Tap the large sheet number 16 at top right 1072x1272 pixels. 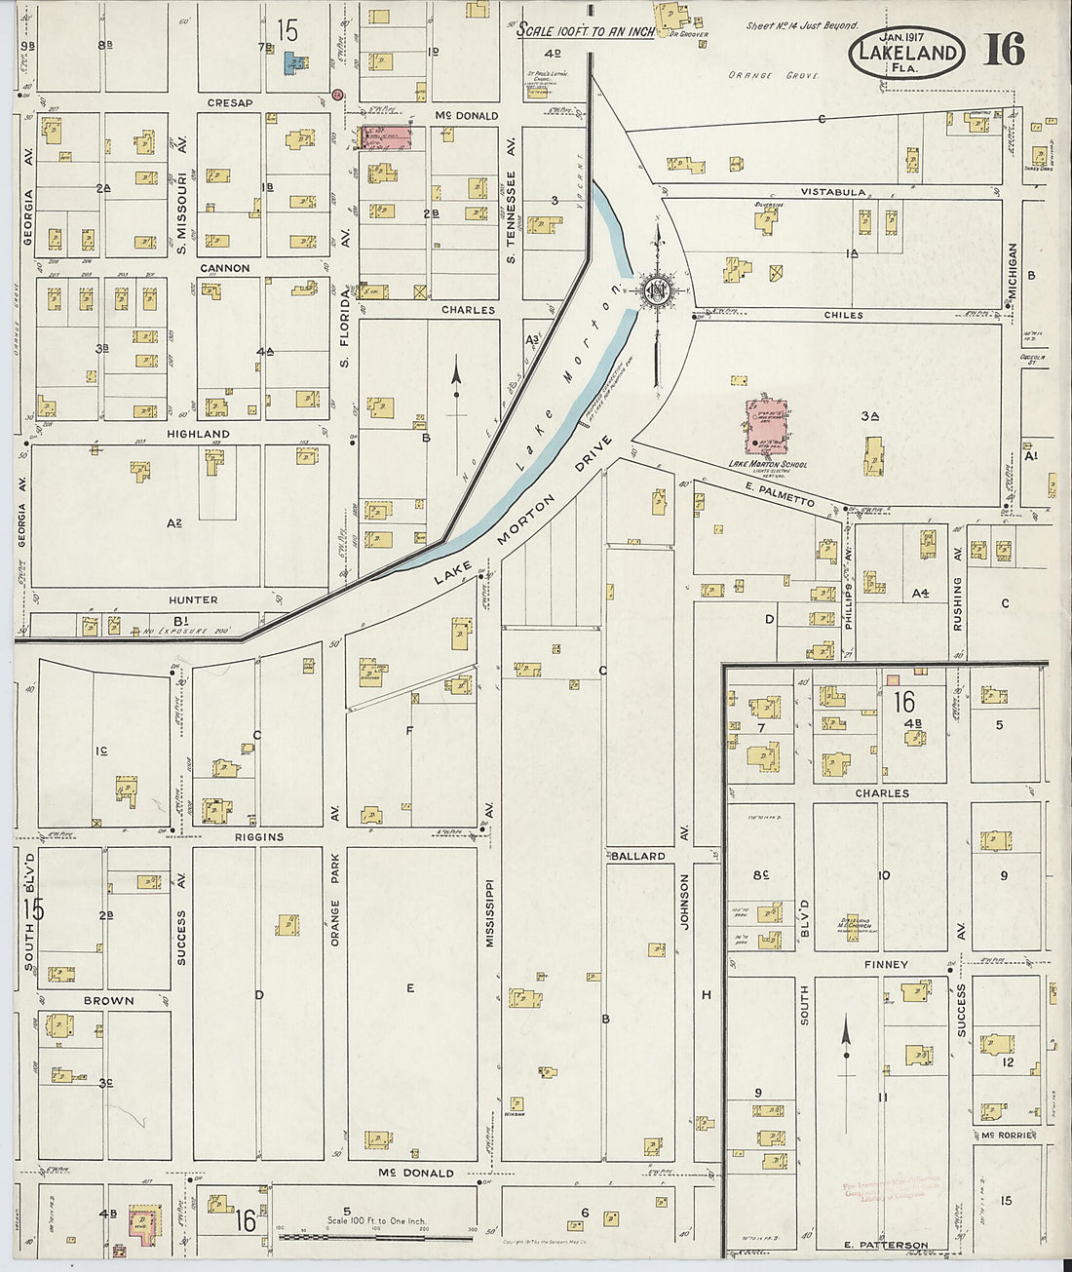[x=1003, y=50]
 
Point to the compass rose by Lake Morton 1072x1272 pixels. [x=657, y=289]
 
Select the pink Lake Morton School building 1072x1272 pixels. [x=768, y=426]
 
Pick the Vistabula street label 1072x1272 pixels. [x=832, y=192]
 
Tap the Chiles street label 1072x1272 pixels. [x=843, y=315]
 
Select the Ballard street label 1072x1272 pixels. [x=637, y=856]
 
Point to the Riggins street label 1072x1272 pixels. [x=258, y=836]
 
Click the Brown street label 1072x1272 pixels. [x=108, y=1000]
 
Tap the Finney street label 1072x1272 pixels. [x=885, y=964]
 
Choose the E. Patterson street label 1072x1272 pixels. [x=887, y=1245]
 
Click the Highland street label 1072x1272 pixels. [x=198, y=434]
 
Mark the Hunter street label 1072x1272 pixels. [x=192, y=599]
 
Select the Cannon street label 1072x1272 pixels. [x=224, y=268]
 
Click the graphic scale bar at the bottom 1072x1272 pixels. [x=376, y=1237]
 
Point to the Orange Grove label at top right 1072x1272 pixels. [x=774, y=75]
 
